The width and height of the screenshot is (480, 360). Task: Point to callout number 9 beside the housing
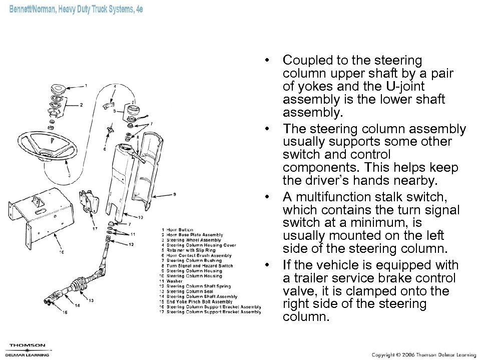[x=174, y=194]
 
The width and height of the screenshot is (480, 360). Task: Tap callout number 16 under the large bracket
[x=62, y=253]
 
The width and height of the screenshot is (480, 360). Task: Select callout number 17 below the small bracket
[x=95, y=229]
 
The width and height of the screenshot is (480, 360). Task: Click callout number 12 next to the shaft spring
[x=131, y=244]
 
